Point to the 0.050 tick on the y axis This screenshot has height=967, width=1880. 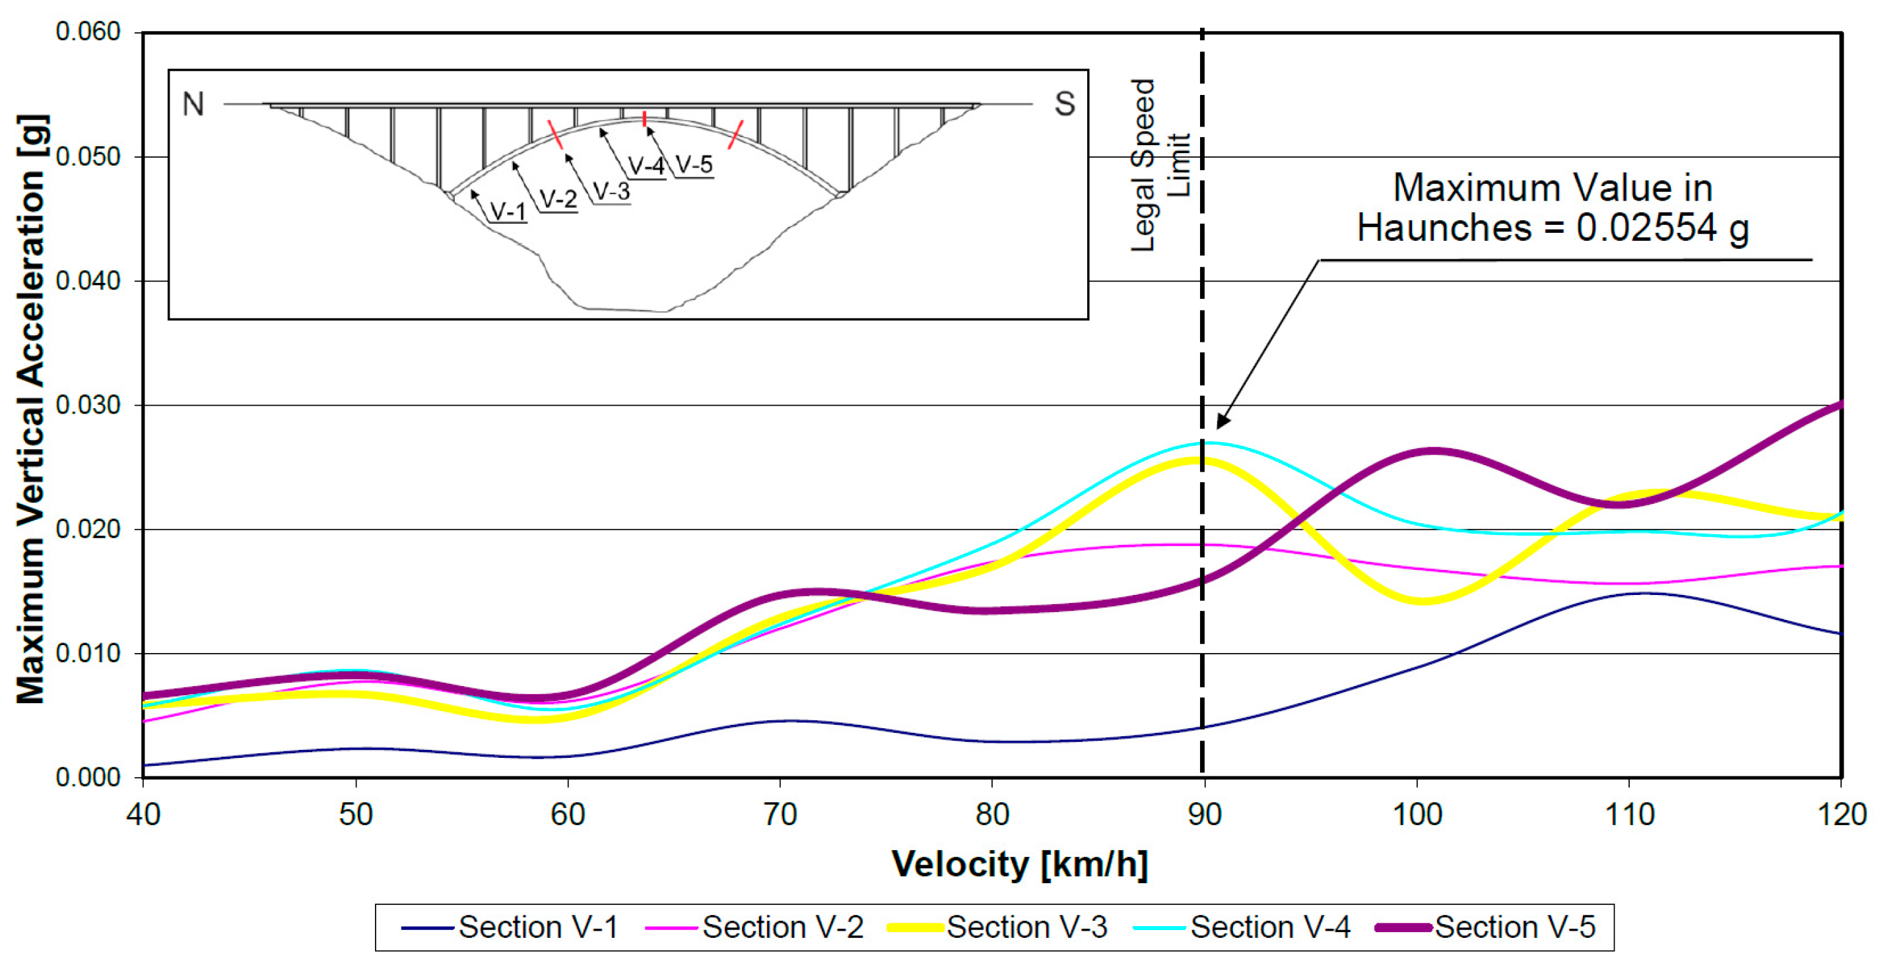tap(88, 157)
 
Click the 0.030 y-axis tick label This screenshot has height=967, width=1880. tap(88, 406)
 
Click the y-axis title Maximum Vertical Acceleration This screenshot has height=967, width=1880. tap(32, 408)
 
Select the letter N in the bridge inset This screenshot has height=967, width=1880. tap(193, 104)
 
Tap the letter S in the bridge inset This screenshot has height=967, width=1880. tap(1064, 104)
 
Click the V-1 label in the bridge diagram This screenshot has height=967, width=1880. tap(507, 212)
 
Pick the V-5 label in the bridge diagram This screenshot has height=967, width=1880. tap(693, 165)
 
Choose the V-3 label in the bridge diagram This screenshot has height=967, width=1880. tap(611, 192)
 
